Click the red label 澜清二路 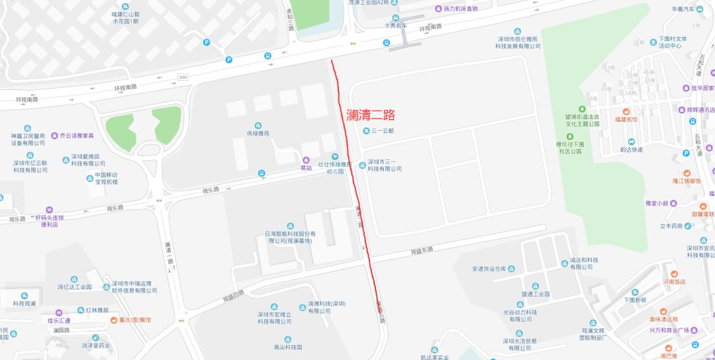click(x=371, y=114)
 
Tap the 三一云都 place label click(x=383, y=131)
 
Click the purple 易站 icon click(x=306, y=160)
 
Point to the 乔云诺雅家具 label click(x=77, y=136)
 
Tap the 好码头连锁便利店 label click(x=50, y=220)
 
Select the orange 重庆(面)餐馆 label click(x=130, y=320)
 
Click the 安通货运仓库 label click(x=489, y=269)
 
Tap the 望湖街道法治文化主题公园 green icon click(x=582, y=109)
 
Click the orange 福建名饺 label click(x=626, y=119)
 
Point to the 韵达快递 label click(x=632, y=150)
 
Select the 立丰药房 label click(x=670, y=226)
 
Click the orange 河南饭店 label click(x=674, y=281)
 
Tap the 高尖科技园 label click(x=287, y=347)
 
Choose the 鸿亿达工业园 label click(x=75, y=287)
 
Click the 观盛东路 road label click(x=422, y=250)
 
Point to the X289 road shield click(x=183, y=77)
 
